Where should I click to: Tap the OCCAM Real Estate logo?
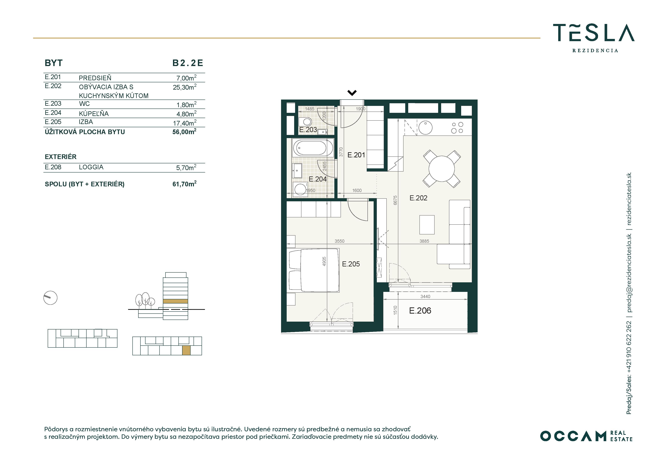[586, 436]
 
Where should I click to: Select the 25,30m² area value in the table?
[185, 87]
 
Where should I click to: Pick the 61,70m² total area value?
[185, 184]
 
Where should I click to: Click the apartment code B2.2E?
[188, 63]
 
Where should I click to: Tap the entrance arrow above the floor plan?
[352, 93]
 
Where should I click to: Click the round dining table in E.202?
[442, 169]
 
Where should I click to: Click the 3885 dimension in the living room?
[424, 241]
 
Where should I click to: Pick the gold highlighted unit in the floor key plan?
[186, 350]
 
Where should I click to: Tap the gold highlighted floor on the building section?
[175, 301]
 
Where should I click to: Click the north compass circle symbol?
[50, 298]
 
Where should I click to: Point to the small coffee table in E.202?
[427, 225]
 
